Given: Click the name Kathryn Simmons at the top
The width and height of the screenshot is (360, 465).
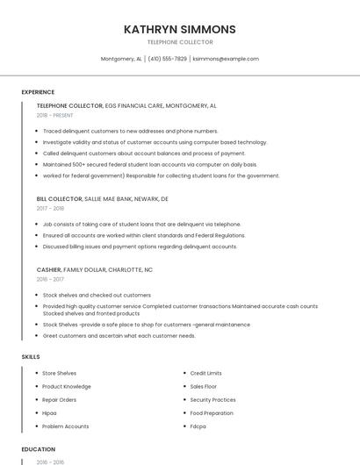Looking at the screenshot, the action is click(x=179, y=29).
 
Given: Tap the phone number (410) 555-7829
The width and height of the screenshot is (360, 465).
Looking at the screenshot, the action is click(x=167, y=59).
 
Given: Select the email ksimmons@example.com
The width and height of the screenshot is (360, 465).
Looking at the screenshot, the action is click(x=226, y=59).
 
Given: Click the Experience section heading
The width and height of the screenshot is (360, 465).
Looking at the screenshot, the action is click(x=38, y=92).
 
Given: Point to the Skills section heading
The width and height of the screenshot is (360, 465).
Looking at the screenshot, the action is click(x=30, y=357).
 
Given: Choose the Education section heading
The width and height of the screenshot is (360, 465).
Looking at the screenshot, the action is click(x=38, y=449).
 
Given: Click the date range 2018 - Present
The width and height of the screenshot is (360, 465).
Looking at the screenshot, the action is click(x=54, y=115).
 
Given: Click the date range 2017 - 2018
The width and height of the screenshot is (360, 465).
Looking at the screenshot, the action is click(x=50, y=209).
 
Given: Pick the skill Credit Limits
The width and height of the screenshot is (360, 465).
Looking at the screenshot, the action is click(x=205, y=373).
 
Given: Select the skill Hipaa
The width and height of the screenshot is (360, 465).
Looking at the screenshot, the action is click(x=49, y=413).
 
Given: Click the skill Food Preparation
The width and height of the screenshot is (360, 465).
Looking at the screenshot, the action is click(x=212, y=413).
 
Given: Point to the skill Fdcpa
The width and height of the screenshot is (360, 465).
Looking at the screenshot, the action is click(x=198, y=426).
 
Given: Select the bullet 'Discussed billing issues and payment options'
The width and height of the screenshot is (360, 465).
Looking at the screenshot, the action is click(x=140, y=247).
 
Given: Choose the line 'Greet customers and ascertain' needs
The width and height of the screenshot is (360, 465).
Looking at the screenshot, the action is click(x=119, y=335).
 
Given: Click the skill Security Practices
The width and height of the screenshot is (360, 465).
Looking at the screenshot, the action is click(x=212, y=400).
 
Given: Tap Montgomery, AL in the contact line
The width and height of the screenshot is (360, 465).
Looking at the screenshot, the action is click(x=121, y=59).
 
